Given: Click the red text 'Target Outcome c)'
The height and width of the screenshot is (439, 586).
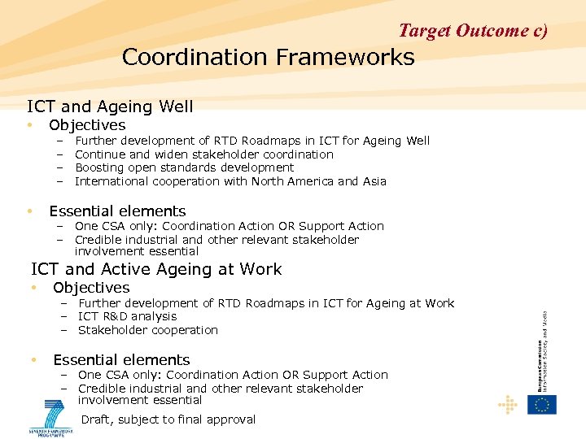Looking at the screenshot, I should [473, 31].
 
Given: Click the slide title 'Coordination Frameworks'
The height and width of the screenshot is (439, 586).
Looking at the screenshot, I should [268, 58].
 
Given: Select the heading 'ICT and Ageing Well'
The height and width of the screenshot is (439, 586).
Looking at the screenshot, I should [110, 106].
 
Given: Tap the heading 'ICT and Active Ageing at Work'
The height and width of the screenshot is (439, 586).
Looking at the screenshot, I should [156, 269].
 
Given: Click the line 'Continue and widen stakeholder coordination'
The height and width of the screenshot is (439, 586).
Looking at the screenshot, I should [203, 154].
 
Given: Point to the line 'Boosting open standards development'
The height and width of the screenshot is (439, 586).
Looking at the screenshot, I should [184, 167].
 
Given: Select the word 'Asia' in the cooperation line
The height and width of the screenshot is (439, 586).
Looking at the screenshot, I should [374, 181].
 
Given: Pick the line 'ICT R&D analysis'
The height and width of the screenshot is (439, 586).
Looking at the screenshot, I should [127, 316].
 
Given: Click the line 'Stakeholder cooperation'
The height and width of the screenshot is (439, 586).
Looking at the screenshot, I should [148, 330].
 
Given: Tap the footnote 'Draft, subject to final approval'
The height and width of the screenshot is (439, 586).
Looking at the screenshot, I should [168, 419].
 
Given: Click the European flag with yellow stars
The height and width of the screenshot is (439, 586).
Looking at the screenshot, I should [542, 404].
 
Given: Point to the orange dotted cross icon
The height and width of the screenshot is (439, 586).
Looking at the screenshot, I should [508, 404].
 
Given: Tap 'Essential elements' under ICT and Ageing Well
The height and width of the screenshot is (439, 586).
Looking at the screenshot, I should [117, 211].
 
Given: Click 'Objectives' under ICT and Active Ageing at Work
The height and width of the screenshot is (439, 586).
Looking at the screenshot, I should [91, 288].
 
